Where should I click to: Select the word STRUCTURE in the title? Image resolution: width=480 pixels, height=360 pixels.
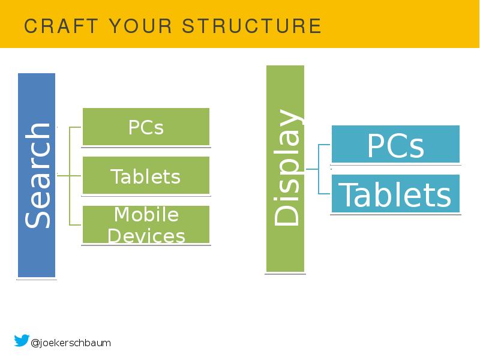coord(251,26)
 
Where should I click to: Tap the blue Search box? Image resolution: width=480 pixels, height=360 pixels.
coord(37,175)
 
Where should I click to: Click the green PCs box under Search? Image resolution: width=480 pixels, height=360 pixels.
coord(146,127)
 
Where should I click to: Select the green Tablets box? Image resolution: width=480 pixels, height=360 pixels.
coord(146,176)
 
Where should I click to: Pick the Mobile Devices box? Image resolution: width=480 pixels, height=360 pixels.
coord(146,224)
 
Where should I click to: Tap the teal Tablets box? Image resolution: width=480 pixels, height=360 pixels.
coord(395,194)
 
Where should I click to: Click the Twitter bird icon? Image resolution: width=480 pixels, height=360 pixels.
coord(21,341)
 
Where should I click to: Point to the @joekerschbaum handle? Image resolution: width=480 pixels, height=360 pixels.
coord(71,343)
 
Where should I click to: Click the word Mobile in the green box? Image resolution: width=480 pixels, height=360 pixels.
coord(146,214)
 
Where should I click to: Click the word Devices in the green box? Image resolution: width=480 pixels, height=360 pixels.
coord(146,236)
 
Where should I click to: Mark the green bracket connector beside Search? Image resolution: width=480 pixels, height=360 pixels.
coord(70,176)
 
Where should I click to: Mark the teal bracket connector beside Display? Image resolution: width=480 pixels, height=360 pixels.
coord(319,169)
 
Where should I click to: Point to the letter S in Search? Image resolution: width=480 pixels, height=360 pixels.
coord(38,218)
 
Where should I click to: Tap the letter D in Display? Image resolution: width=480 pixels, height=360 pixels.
coord(286,214)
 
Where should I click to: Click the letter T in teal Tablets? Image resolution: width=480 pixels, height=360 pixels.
coord(347,194)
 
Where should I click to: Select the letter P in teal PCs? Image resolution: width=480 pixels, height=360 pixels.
coord(376,145)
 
